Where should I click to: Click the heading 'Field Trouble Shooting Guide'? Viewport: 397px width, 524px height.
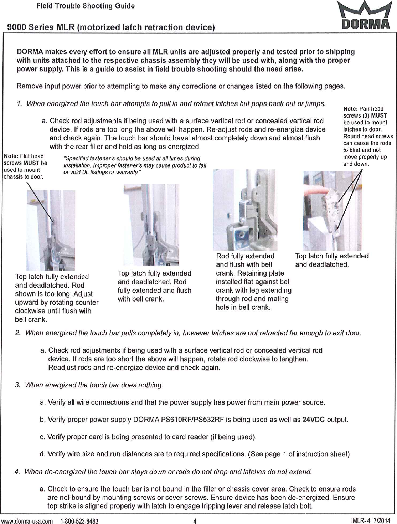click(85, 6)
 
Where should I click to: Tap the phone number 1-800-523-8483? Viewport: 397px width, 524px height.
click(79, 521)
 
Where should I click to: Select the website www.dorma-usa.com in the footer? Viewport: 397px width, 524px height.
click(27, 521)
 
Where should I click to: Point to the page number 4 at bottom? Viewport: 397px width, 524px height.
click(195, 521)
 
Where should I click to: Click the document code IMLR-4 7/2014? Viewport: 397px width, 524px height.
click(370, 521)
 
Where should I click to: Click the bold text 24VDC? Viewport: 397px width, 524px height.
click(313, 420)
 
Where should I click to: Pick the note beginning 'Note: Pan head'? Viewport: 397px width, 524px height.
click(367, 136)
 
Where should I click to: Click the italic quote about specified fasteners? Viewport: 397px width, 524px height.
click(134, 165)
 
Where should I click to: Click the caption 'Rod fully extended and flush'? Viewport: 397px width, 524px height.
click(253, 281)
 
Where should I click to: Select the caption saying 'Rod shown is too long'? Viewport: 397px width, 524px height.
click(56, 298)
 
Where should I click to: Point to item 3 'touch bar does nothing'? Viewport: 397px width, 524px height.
click(94, 385)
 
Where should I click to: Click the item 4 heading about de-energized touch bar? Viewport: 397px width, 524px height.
click(167, 472)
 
